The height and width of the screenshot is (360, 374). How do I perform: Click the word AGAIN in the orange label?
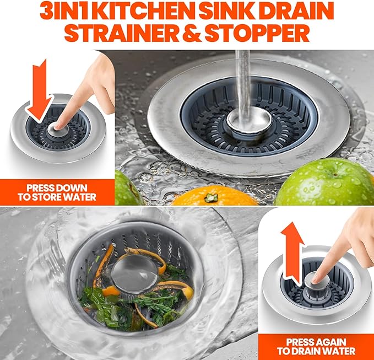pos(327,341)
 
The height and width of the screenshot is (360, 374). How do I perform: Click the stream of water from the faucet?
pos(242,77)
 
